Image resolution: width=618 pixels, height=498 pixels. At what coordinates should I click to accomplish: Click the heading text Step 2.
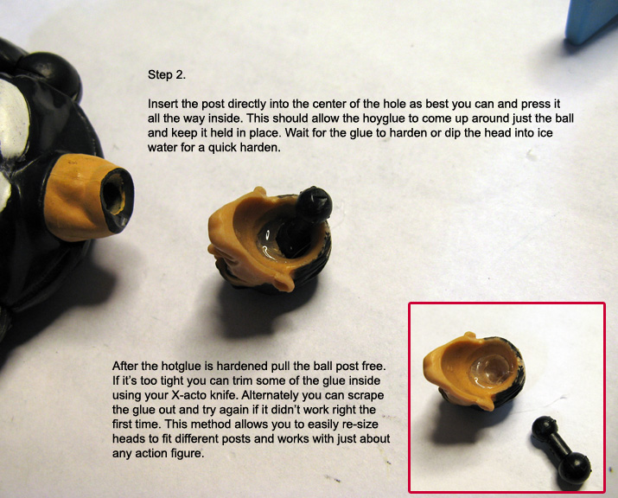pyautogui.click(x=166, y=75)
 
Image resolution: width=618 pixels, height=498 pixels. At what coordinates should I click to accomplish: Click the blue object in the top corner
pyautogui.click(x=591, y=21)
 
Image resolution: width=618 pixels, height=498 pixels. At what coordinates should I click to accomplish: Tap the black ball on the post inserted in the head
pyautogui.click(x=314, y=205)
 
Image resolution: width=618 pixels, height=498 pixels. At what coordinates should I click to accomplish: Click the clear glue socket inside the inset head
pyautogui.click(x=492, y=370)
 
